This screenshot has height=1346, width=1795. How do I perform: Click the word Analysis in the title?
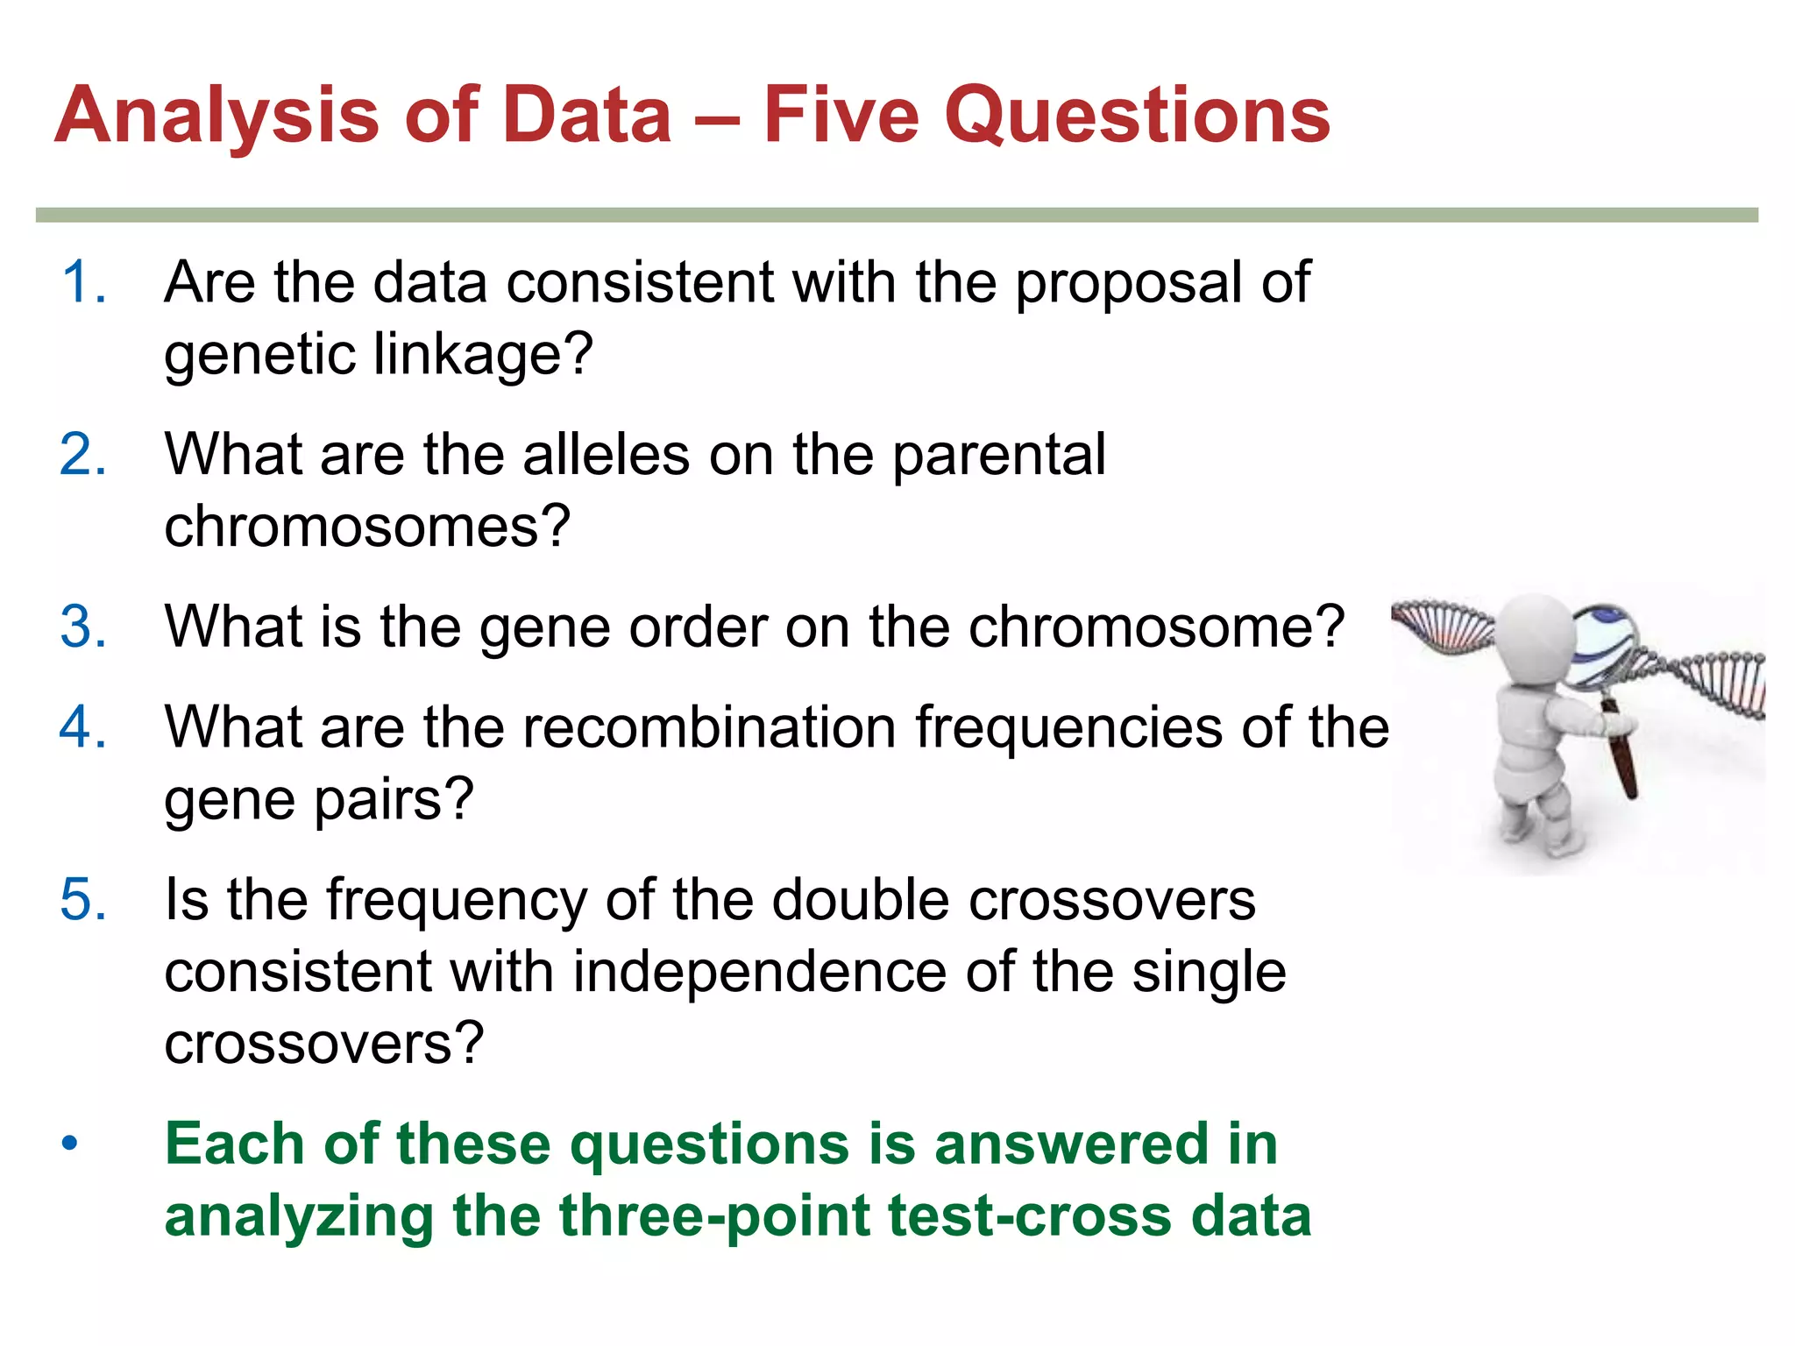(217, 116)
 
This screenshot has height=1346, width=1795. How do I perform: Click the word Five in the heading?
(841, 116)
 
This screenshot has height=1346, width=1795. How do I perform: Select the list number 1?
(83, 282)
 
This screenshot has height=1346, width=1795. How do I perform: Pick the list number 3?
(83, 627)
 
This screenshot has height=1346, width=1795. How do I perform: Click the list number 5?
(83, 900)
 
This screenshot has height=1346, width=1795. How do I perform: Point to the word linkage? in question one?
(483, 354)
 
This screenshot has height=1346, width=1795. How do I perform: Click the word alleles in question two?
(606, 455)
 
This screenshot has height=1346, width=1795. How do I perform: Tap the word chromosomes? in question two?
(367, 527)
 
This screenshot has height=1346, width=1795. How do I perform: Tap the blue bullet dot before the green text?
(70, 1144)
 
